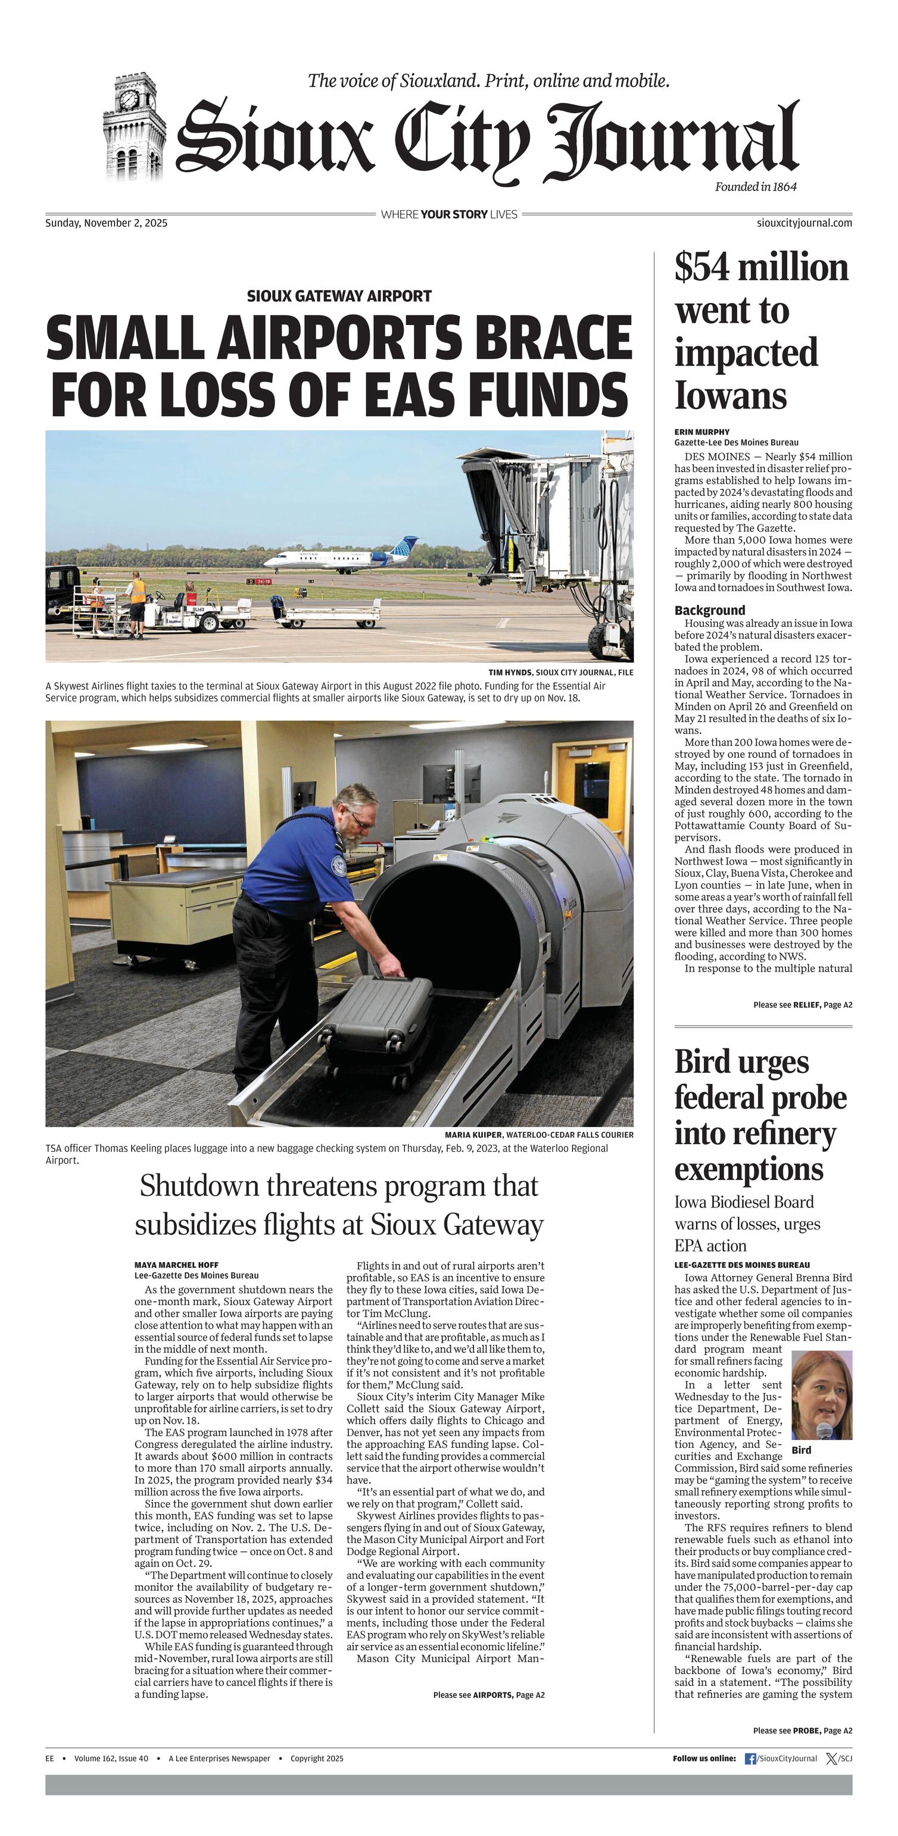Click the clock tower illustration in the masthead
[x=133, y=128]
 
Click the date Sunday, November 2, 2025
[x=106, y=223]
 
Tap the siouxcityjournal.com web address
[x=804, y=223]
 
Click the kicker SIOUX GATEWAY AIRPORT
[x=339, y=296]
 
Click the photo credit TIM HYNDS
[x=510, y=672]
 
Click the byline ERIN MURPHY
[x=702, y=432]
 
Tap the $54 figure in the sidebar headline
[x=703, y=268]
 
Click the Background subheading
[x=710, y=610]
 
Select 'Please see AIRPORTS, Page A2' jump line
[x=488, y=1694]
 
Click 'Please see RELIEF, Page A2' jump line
[x=803, y=1005]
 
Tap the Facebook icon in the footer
[x=750, y=1759]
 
